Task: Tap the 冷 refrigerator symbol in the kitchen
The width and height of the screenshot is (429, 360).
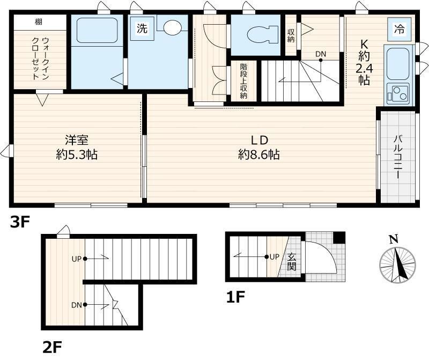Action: coord(399,29)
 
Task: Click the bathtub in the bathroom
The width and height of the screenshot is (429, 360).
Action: coord(97,31)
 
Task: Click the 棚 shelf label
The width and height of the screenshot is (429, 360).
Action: coord(39,22)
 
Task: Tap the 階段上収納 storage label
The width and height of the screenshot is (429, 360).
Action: coord(243,82)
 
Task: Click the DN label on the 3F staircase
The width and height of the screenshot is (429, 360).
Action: coord(321,54)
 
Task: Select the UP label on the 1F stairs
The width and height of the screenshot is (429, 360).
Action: coord(274,256)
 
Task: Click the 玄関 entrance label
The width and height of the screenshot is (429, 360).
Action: coord(292,261)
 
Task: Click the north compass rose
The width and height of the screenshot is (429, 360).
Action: coord(397,261)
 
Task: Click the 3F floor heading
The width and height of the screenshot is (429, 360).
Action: coord(19,222)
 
